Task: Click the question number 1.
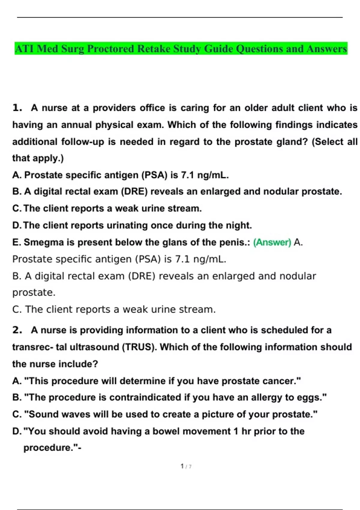(x=17, y=108)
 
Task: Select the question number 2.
(x=17, y=330)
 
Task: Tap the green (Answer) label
(x=272, y=242)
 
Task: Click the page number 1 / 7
(x=186, y=466)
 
